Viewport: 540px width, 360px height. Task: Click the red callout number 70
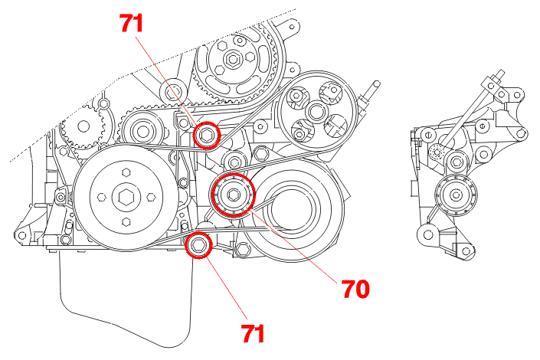(x=355, y=289)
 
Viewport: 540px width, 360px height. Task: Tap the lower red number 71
(x=254, y=333)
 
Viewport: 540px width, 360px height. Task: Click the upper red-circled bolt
(x=206, y=136)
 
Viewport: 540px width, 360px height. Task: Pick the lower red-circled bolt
(x=198, y=245)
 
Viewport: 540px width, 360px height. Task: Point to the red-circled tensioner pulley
(x=232, y=195)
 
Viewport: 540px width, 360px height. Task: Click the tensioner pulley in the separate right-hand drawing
(x=457, y=195)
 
